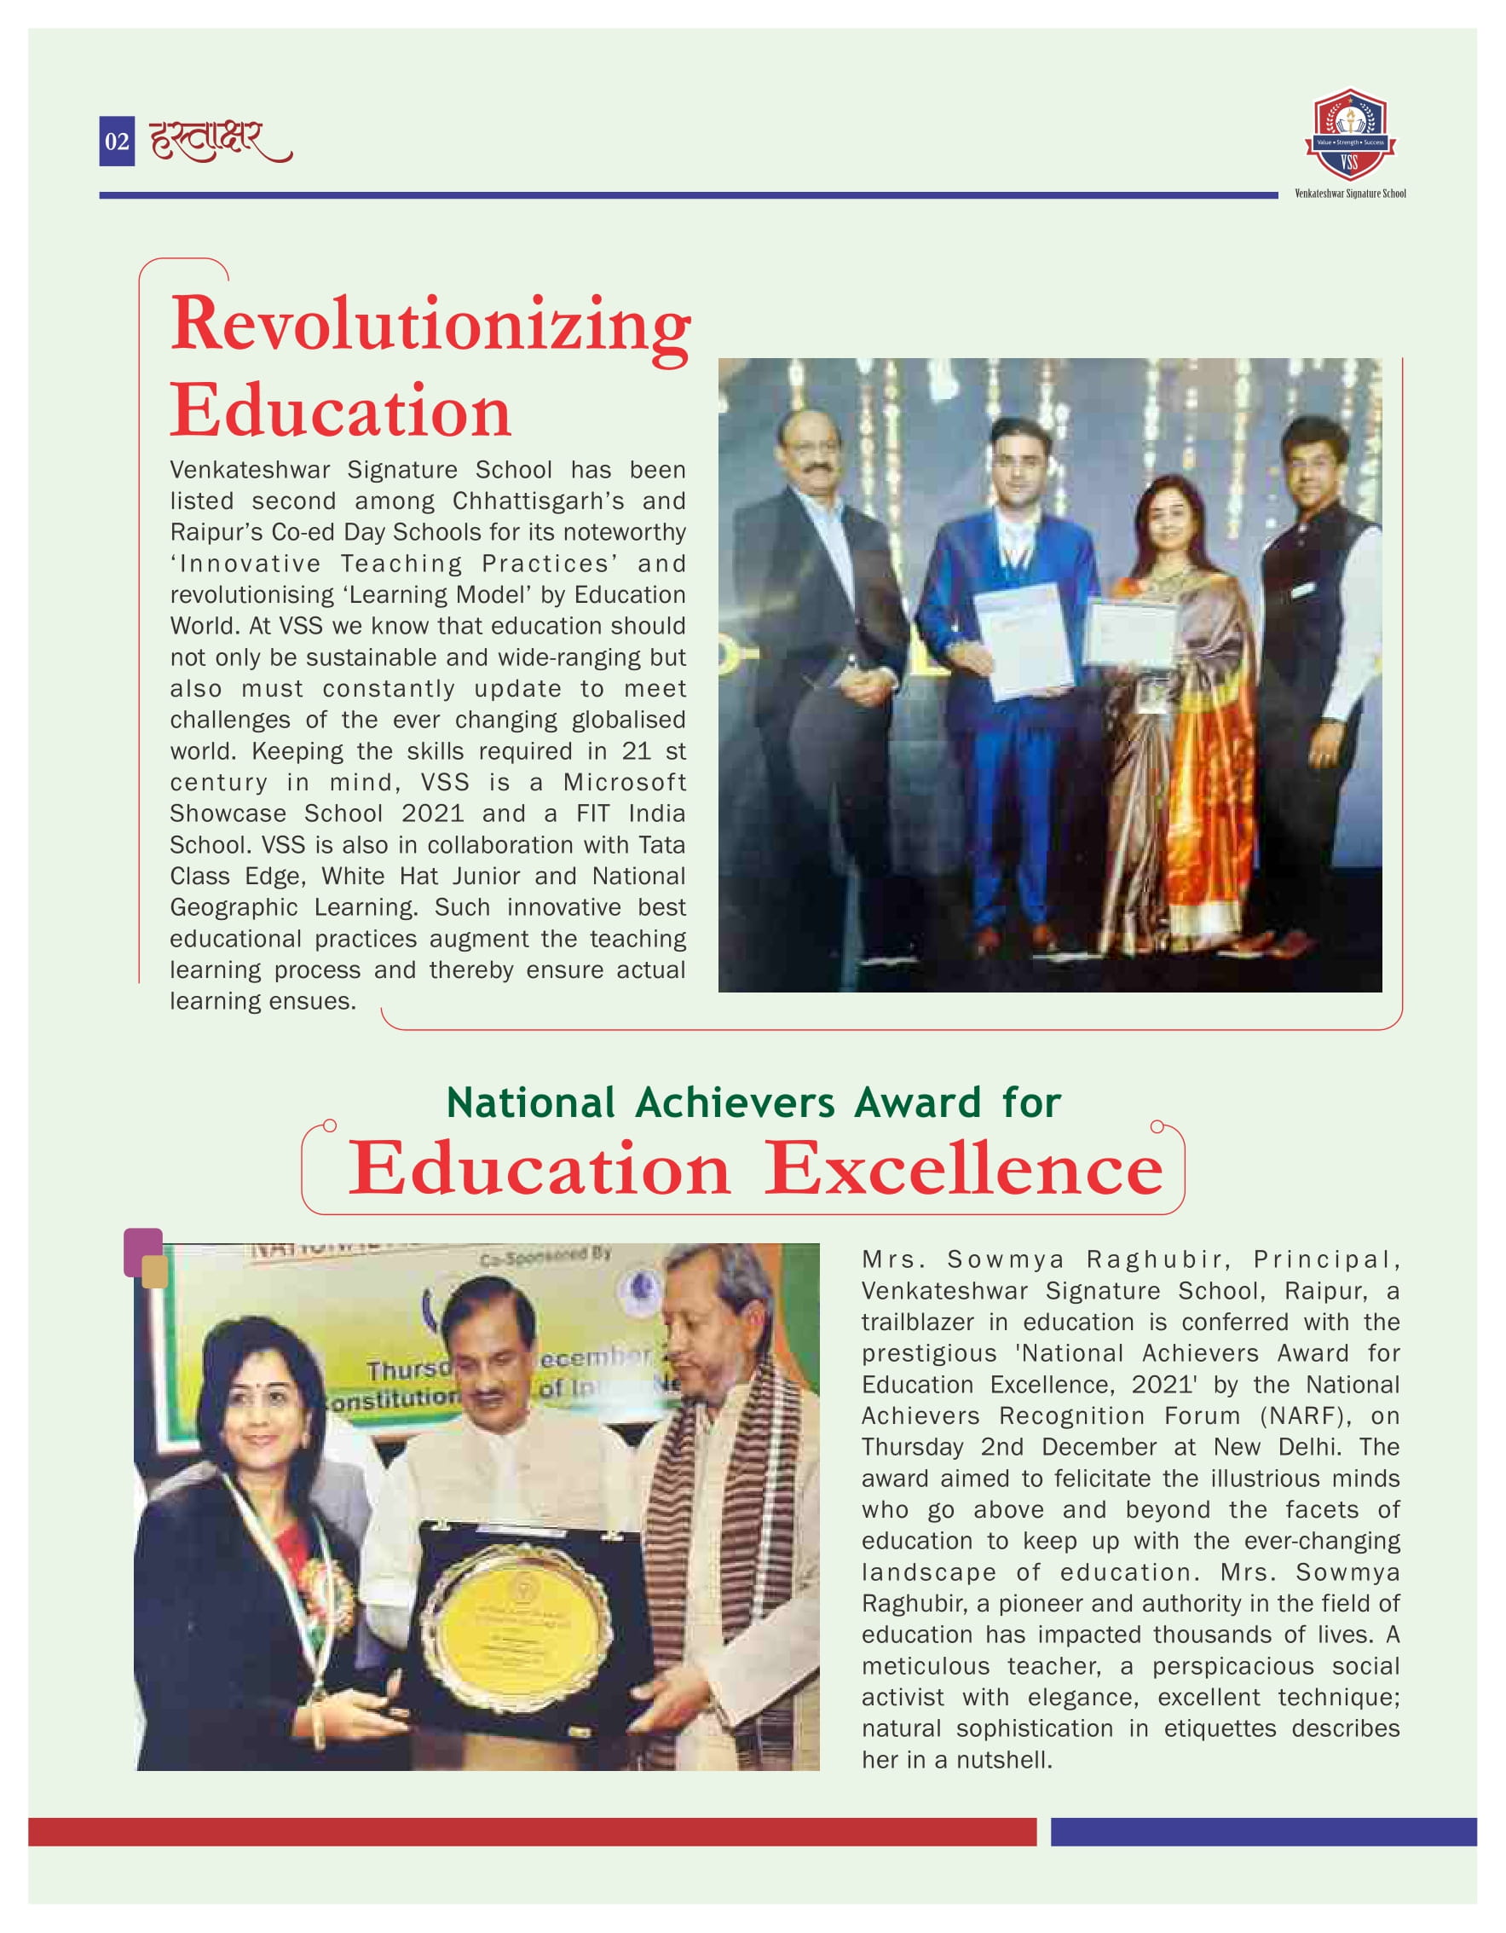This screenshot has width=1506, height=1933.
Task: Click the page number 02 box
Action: coord(117,142)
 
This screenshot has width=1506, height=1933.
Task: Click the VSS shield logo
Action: coord(1349,135)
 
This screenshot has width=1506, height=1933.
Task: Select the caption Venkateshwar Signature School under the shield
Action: coord(1349,194)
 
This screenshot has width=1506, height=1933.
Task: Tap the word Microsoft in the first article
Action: coord(625,783)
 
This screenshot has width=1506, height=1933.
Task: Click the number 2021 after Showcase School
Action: coord(433,813)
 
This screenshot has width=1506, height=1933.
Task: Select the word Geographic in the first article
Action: coord(234,907)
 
